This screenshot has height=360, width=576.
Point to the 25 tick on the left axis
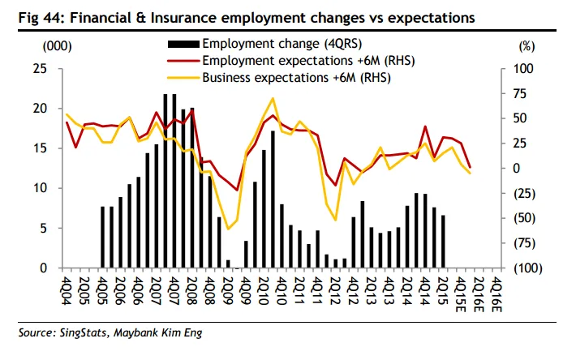38,69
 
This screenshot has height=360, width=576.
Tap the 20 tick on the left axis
38,109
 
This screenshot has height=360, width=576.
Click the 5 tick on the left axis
42,228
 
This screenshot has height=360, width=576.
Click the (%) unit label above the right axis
525,48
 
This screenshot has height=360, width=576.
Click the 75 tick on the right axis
522,94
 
